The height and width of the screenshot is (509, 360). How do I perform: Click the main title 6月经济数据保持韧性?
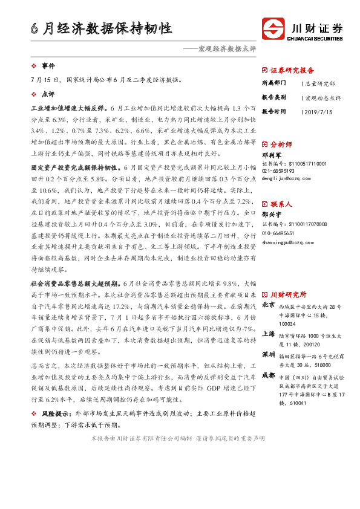(102, 28)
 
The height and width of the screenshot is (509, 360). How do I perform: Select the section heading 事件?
(48, 65)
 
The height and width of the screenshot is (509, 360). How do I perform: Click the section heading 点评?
(48, 94)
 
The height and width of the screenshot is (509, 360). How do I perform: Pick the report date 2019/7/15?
(315, 111)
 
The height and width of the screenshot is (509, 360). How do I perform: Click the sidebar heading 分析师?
(281, 145)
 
